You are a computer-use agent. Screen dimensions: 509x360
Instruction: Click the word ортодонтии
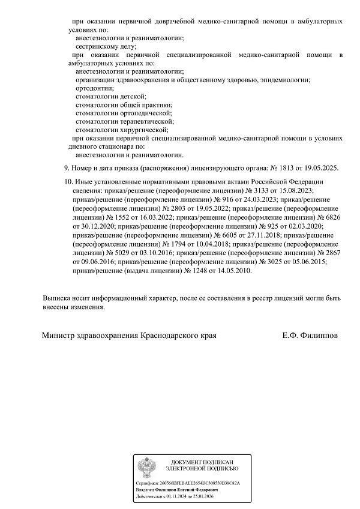(95, 88)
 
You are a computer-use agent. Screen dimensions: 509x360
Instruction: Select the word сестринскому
(98, 46)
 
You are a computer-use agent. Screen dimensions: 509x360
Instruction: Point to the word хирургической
(145, 129)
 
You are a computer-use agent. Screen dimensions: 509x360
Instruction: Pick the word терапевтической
(148, 121)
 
